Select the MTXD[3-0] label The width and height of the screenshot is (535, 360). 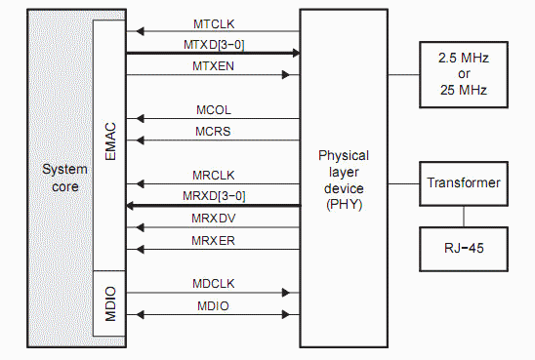[x=212, y=44]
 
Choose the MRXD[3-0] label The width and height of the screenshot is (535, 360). [x=212, y=195]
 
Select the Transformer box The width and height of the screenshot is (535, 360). [x=463, y=182]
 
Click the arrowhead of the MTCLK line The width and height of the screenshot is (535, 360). [x=131, y=33]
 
